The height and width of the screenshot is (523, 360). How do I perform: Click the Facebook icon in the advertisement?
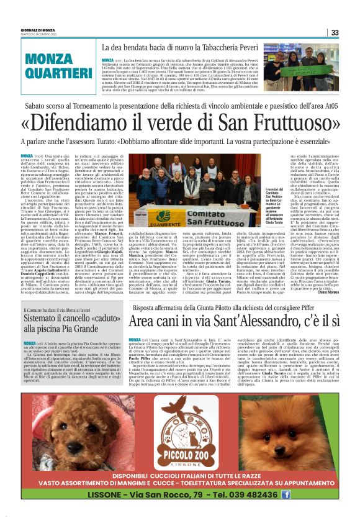[x=286, y=494]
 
